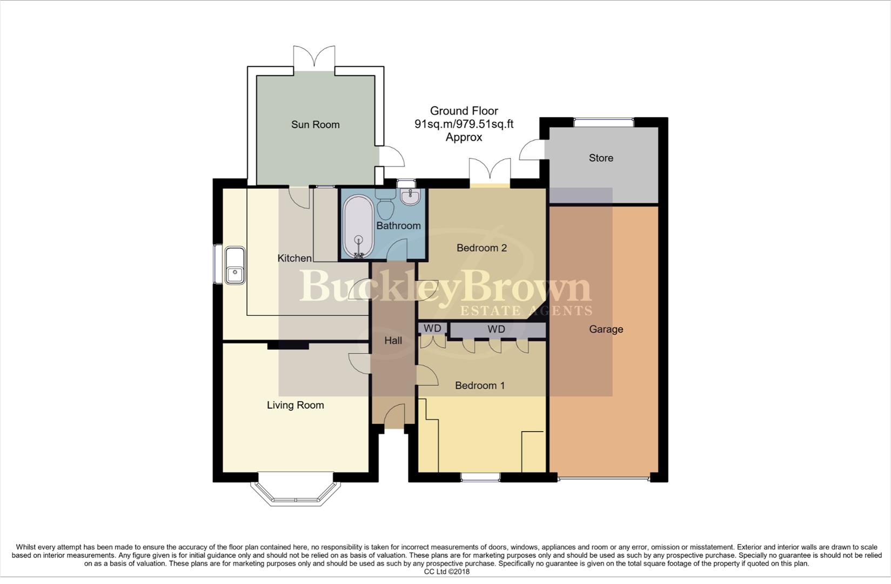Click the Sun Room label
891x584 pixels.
(315, 124)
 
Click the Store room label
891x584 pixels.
(601, 158)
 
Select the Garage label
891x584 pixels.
(606, 329)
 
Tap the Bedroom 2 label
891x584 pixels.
(481, 248)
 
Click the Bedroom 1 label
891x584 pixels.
(479, 385)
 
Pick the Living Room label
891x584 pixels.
(295, 405)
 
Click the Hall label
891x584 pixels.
(393, 340)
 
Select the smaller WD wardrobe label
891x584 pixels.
(432, 328)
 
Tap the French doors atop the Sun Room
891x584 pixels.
(314, 58)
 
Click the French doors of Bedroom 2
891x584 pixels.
(490, 171)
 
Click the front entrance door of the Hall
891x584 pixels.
(394, 417)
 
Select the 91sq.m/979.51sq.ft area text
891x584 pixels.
(464, 124)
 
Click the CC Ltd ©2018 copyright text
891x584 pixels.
(446, 572)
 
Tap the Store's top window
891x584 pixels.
(604, 122)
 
